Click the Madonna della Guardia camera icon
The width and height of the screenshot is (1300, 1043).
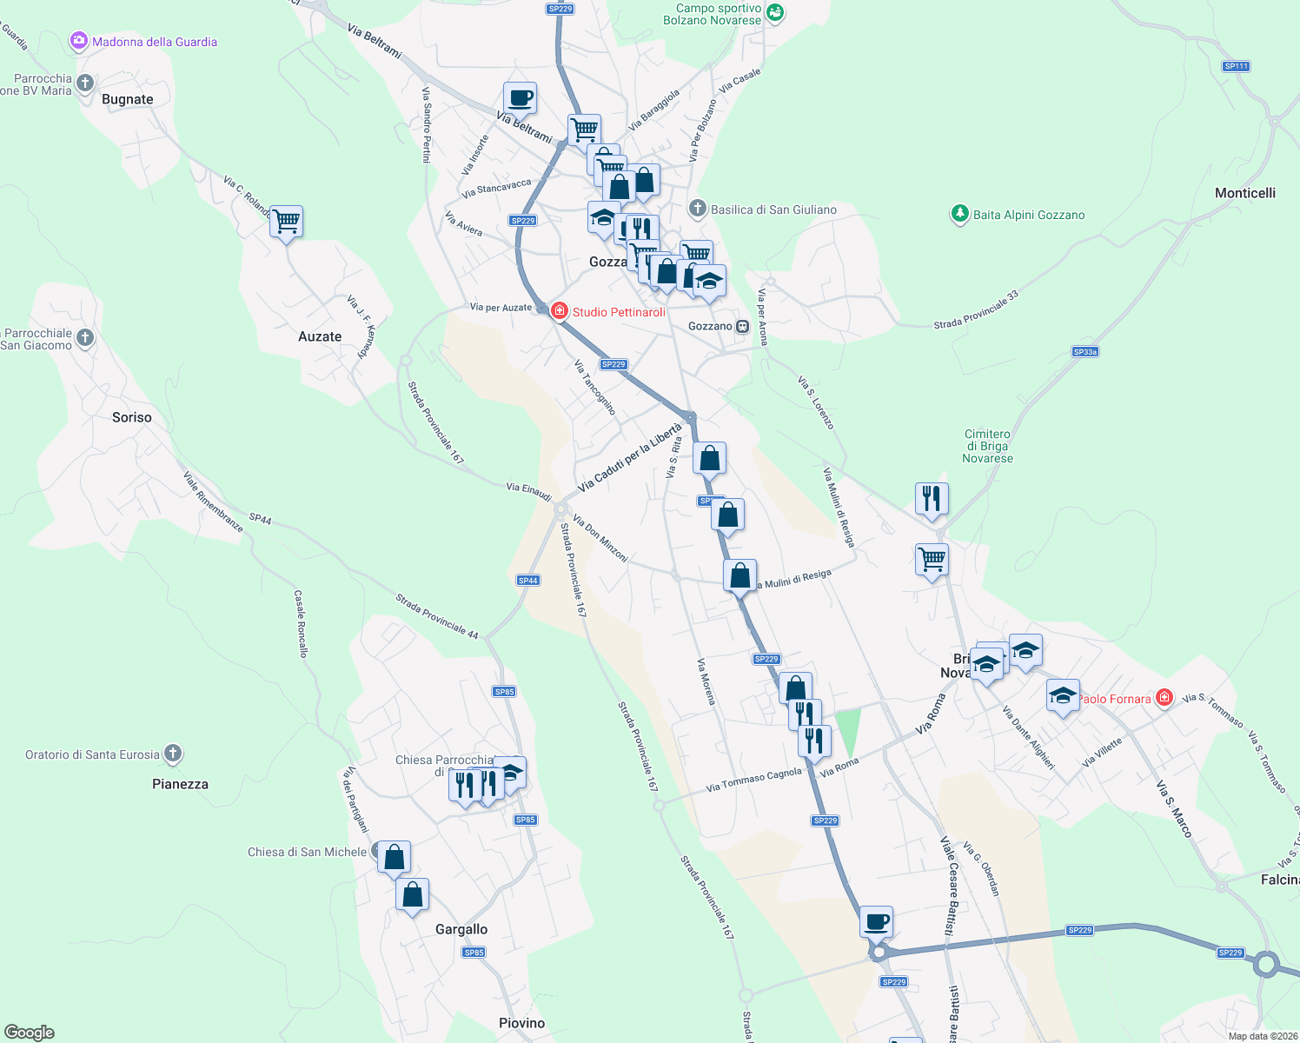79,41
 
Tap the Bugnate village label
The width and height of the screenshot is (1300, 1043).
127,99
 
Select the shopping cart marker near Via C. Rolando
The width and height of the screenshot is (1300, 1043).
286,223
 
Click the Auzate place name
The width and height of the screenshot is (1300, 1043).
320,336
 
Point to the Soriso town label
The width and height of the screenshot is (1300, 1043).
132,417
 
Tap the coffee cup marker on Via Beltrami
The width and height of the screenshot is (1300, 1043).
520,98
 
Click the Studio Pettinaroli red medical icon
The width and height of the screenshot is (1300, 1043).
559,311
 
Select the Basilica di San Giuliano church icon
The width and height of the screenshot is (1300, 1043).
697,209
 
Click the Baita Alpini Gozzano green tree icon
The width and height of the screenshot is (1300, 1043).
959,214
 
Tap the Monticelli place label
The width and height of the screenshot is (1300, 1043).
1245,193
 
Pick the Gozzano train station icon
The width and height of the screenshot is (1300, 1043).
742,326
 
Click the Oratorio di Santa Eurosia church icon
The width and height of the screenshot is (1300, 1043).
173,754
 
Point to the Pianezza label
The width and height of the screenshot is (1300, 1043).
180,784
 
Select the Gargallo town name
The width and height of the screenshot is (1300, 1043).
461,929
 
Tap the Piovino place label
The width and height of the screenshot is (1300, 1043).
521,1023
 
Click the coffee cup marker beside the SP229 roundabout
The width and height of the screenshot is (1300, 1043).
876,921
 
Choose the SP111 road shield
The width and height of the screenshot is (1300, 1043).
1235,66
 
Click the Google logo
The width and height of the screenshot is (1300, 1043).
30,1033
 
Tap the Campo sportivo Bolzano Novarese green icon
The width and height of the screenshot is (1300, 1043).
775,13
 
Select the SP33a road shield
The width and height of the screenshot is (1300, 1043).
1084,352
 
